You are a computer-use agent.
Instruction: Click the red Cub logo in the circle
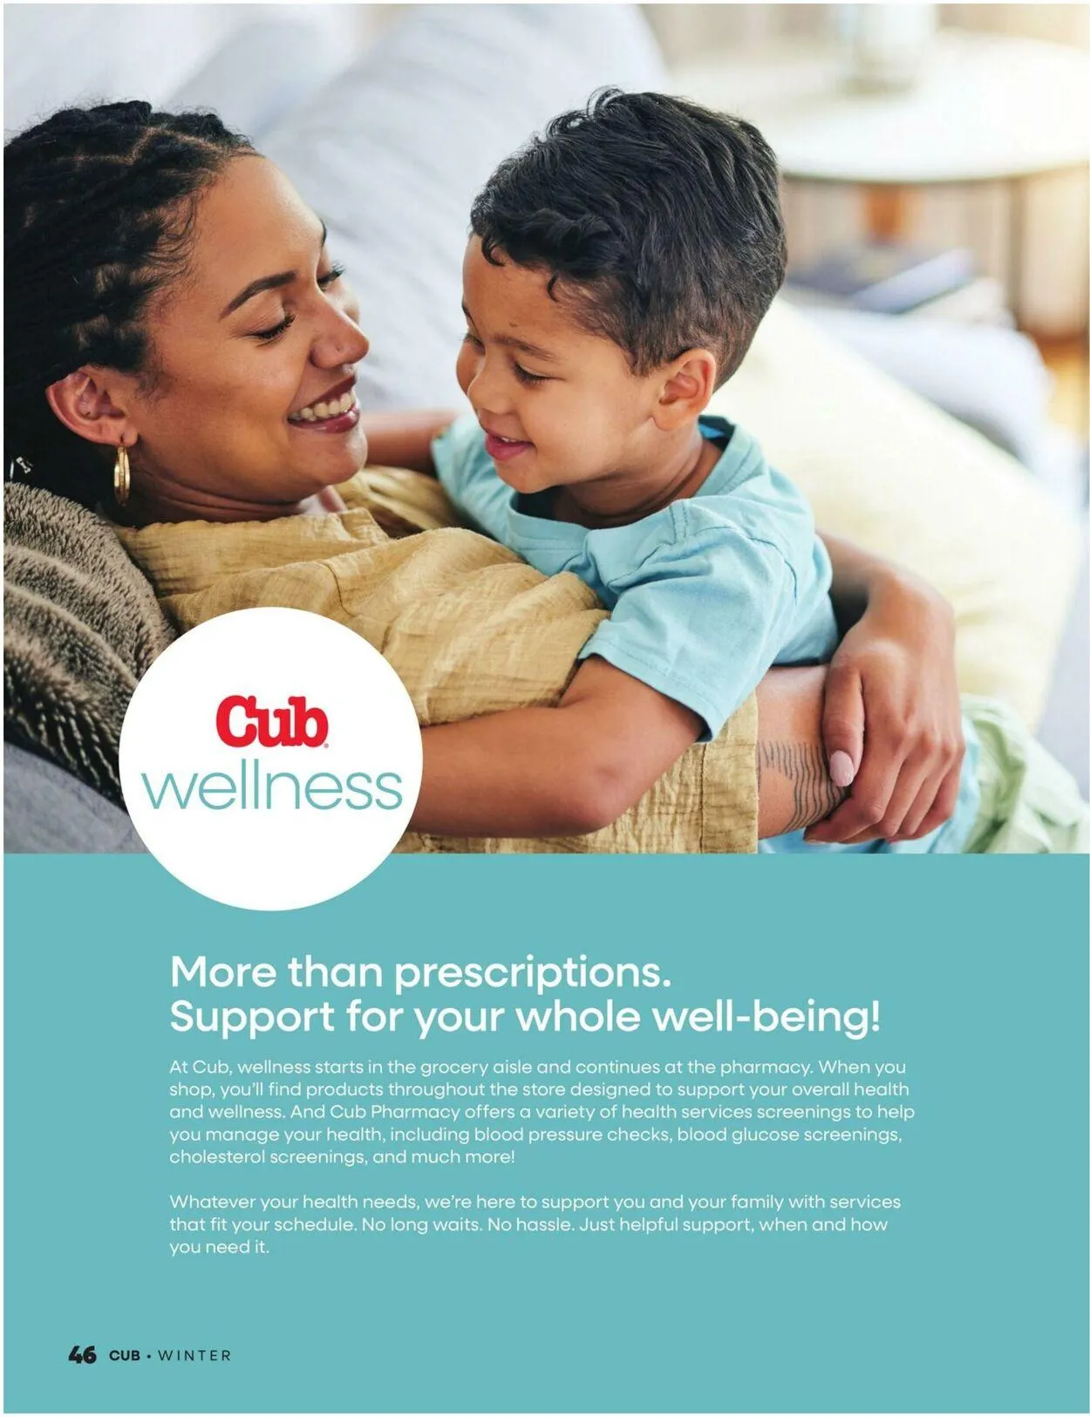point(271,721)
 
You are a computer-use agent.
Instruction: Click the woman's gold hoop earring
point(121,475)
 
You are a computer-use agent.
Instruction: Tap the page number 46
point(82,1354)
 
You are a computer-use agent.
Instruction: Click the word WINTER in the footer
point(194,1355)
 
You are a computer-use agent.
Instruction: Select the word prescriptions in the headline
point(533,971)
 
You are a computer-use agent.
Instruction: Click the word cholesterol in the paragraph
point(216,1157)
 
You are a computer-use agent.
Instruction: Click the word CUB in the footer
point(124,1355)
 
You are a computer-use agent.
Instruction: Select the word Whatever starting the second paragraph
point(212,1202)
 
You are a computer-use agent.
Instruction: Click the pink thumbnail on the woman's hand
point(841,768)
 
